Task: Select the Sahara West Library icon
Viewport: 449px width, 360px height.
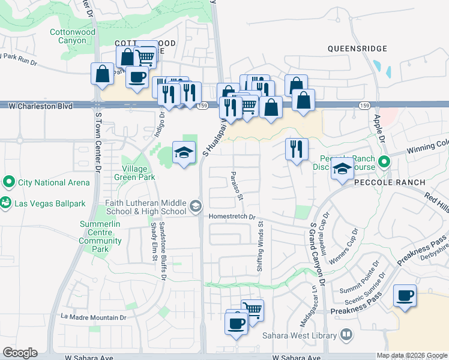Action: point(346,334)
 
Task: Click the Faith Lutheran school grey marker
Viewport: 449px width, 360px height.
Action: point(194,206)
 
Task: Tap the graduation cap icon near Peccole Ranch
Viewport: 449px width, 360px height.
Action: point(342,169)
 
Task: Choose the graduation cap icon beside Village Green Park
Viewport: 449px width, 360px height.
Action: point(184,152)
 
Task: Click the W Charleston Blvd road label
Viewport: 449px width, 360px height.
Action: point(41,106)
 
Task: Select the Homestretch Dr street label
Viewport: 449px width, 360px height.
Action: point(232,217)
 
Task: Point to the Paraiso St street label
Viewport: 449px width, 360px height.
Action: point(236,185)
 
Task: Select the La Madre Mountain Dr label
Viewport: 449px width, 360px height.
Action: point(94,317)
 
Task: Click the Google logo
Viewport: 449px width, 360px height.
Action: point(20,353)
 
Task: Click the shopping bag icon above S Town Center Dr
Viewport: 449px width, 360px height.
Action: point(102,74)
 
